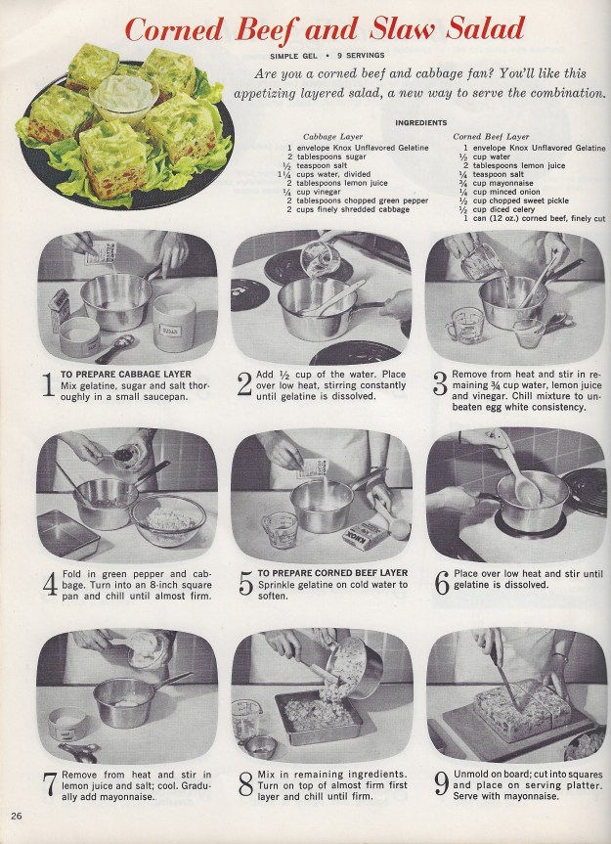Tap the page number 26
pyautogui.click(x=17, y=816)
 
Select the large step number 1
pyautogui.click(x=49, y=385)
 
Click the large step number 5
pyautogui.click(x=245, y=585)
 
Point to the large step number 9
pyautogui.click(x=441, y=784)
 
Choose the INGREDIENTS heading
pyautogui.click(x=421, y=122)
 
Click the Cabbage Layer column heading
pyautogui.click(x=333, y=137)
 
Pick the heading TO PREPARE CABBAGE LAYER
pyautogui.click(x=126, y=375)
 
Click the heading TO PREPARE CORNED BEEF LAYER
pyautogui.click(x=333, y=573)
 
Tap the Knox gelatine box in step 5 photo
pyautogui.click(x=366, y=535)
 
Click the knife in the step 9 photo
pyautogui.click(x=504, y=680)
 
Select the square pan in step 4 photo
pyautogui.click(x=68, y=533)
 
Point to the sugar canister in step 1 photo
pyautogui.click(x=174, y=322)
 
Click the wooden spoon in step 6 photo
pyautogui.click(x=515, y=467)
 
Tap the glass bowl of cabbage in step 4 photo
pyautogui.click(x=168, y=520)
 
